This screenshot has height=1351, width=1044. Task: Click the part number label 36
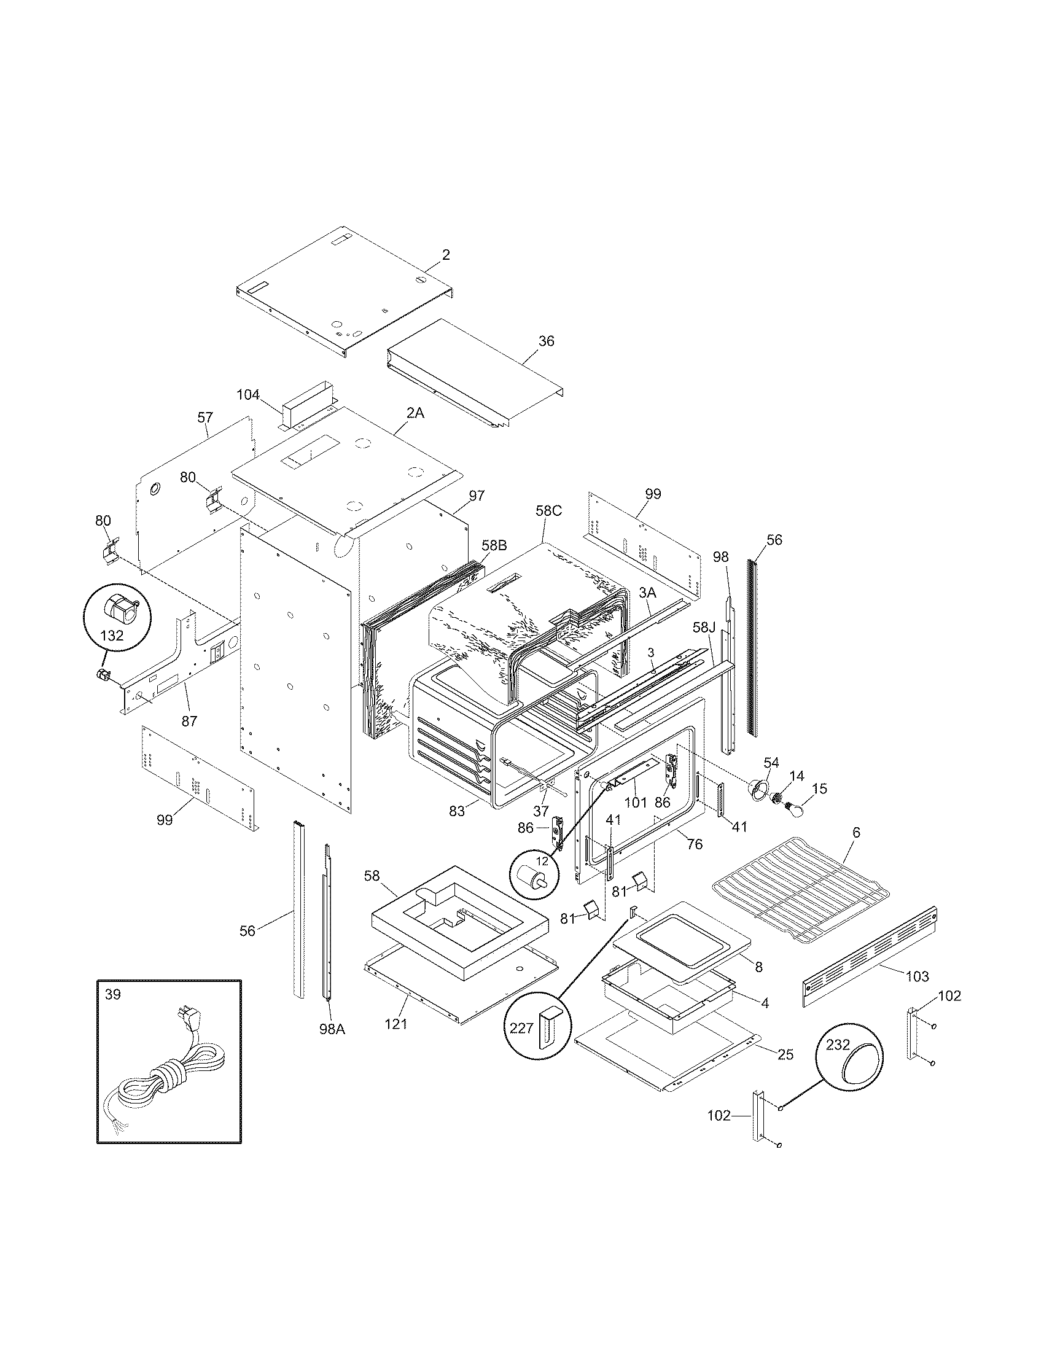point(546,341)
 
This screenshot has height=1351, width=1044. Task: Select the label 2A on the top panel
point(416,413)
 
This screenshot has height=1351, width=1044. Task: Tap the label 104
point(248,394)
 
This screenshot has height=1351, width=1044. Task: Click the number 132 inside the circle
point(112,636)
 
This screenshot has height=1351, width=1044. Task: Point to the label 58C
point(548,511)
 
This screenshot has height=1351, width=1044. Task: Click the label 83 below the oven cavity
point(456,811)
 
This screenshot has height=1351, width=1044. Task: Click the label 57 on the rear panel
point(205,418)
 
